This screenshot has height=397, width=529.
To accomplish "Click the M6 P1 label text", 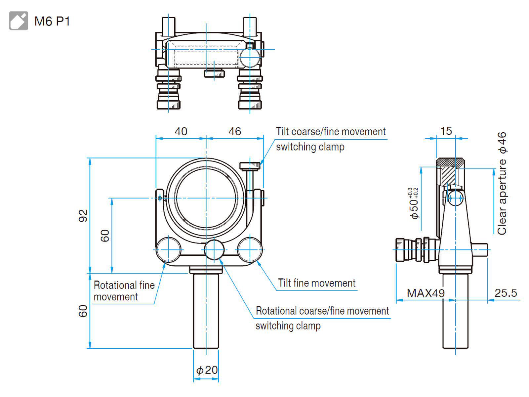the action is tap(52, 21).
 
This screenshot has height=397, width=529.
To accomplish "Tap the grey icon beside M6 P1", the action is tap(19, 21).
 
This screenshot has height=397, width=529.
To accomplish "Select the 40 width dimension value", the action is tap(181, 131).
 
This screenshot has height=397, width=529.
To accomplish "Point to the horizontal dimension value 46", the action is tap(234, 131).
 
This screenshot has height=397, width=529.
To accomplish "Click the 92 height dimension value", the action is tap(83, 215).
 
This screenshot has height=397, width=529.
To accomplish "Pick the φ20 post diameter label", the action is tap(207, 370).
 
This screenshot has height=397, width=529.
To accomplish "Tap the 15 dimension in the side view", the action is tap(446, 131).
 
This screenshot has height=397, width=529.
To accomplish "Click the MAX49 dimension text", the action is tap(426, 293).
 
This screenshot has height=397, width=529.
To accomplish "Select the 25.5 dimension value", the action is tap(506, 293).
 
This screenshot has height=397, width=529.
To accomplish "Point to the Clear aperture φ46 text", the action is tap(502, 183).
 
